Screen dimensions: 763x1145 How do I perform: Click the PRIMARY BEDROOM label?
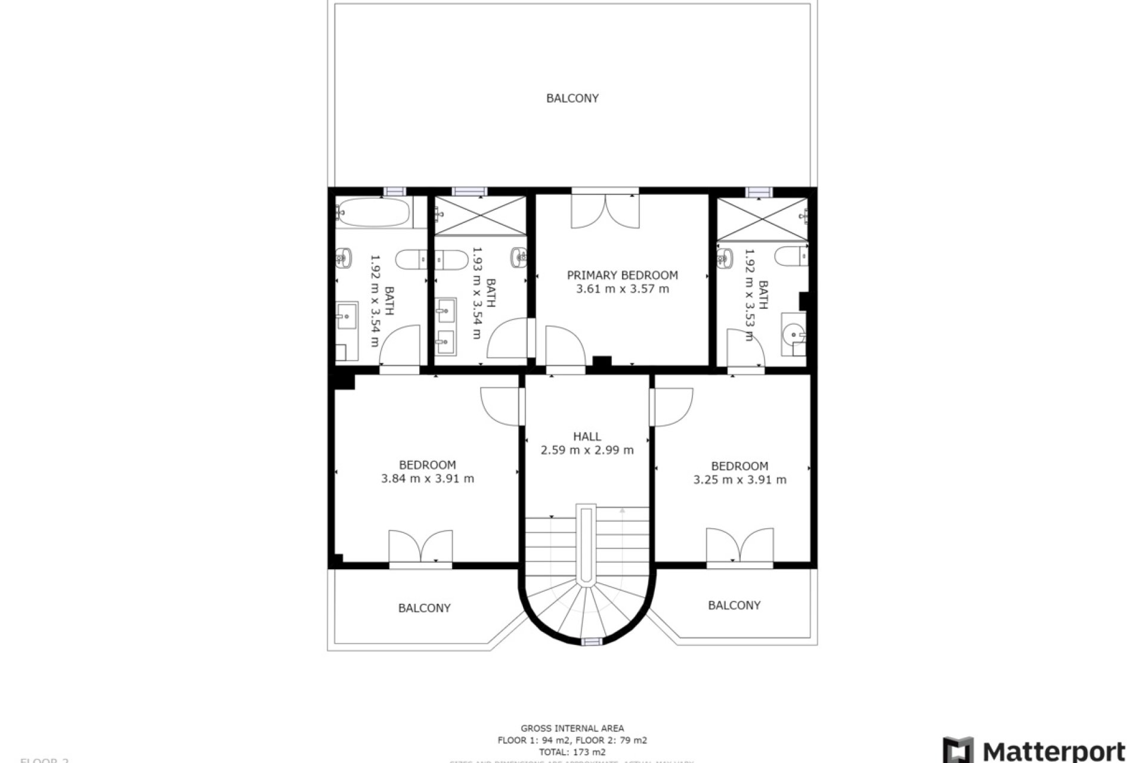[x=622, y=275]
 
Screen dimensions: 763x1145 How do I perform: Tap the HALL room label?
[x=587, y=436]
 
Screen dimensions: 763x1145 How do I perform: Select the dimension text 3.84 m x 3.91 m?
[x=427, y=479]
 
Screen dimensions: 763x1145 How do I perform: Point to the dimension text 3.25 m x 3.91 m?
[x=739, y=480]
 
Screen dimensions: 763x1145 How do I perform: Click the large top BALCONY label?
[x=572, y=98]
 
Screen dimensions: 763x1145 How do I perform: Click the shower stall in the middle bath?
[x=480, y=215]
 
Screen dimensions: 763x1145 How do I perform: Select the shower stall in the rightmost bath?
[x=762, y=219]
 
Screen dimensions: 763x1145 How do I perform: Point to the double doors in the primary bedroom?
[x=605, y=211]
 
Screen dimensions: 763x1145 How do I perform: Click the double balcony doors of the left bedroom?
[x=420, y=546]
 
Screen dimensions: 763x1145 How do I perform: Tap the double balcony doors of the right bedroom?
[x=739, y=545]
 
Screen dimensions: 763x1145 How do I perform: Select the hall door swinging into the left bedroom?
[x=500, y=406]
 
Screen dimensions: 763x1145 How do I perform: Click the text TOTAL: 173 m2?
[x=572, y=752]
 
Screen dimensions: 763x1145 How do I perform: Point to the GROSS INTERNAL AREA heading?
[x=572, y=728]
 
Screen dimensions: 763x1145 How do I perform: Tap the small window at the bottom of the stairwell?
[x=591, y=641]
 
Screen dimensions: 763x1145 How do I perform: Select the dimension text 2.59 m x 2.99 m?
[x=587, y=451]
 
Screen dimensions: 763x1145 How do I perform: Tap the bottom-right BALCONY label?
[x=734, y=606]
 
